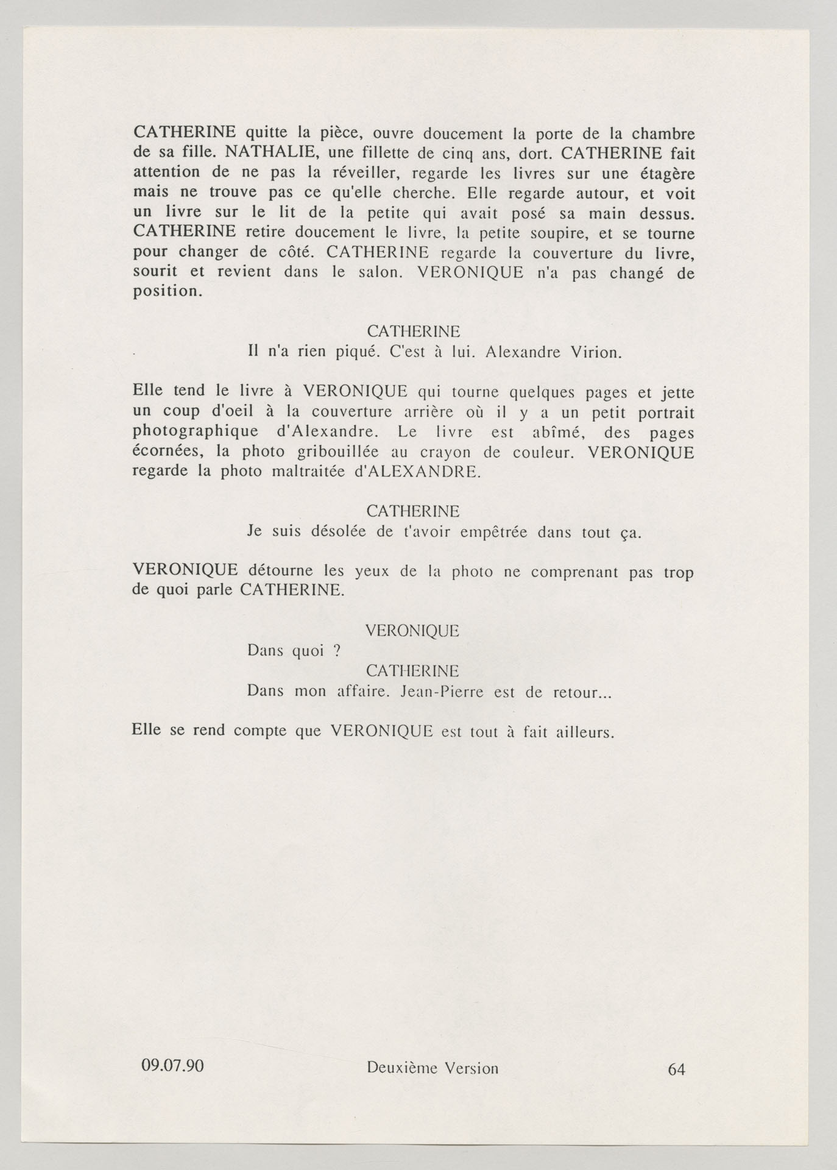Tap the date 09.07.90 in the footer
172,1065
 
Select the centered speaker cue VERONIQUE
412,631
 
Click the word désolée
339,531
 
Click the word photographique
195,432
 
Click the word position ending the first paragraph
166,291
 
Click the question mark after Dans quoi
336,651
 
